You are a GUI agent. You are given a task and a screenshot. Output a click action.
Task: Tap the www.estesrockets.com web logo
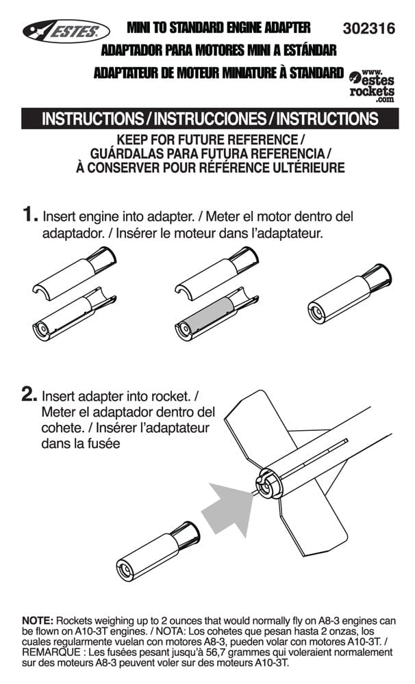pos(372,84)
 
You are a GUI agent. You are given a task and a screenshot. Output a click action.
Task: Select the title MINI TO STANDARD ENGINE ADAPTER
pos(218,28)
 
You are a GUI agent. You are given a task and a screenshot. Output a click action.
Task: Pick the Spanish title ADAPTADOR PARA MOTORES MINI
pos(218,51)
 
